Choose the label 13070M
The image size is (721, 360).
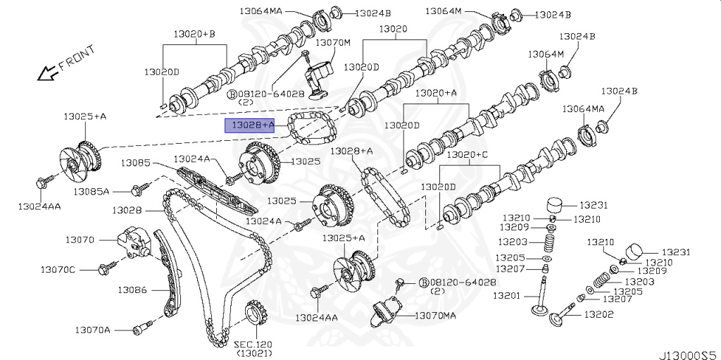332,42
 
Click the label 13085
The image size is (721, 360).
134,163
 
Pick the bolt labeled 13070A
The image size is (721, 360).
144,328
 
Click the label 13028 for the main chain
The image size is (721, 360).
127,210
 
